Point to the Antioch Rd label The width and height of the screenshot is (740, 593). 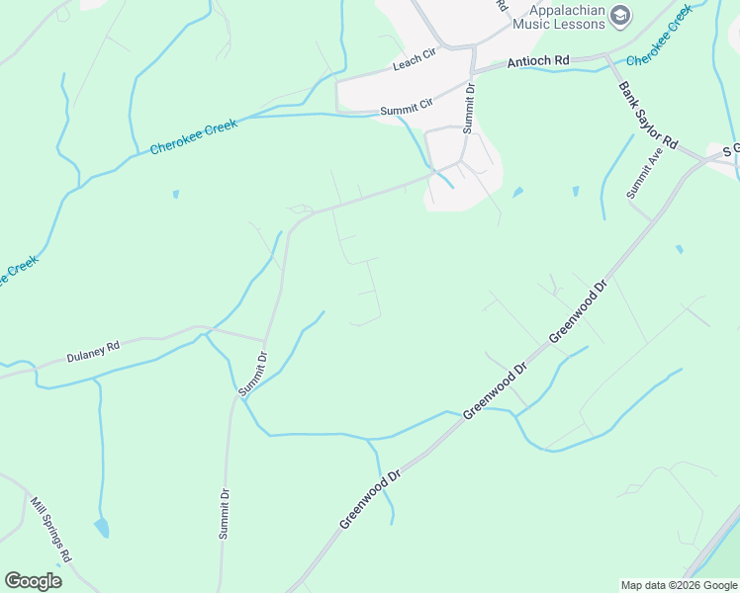click(538, 61)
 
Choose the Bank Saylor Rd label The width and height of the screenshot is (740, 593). click(647, 116)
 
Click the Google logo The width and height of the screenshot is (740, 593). click(33, 581)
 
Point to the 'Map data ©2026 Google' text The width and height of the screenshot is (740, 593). click(679, 585)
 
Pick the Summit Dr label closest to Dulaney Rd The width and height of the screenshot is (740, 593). click(253, 374)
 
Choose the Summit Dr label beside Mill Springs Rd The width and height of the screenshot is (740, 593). click(225, 514)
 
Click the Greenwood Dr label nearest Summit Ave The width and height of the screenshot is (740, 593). click(577, 312)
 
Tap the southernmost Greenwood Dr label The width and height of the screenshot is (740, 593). click(370, 498)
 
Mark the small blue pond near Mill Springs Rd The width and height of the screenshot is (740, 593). click(101, 528)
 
